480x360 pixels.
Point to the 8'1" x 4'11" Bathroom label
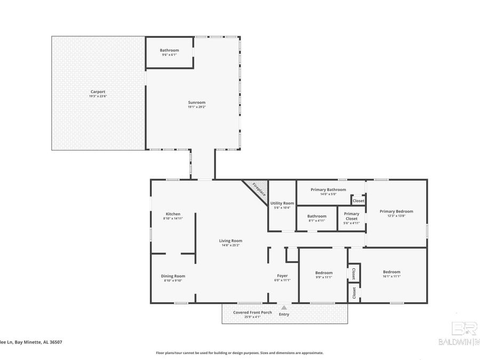(316, 218)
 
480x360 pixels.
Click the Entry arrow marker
(284, 307)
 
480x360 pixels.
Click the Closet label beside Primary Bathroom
(358, 201)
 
